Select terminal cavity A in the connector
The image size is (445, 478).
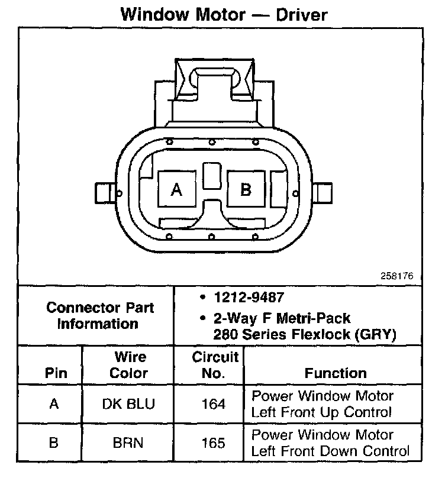(176, 189)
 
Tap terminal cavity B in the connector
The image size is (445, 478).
(246, 189)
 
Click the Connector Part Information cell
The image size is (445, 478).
(99, 316)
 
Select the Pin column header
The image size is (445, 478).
(55, 373)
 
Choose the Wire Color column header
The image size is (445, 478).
(129, 365)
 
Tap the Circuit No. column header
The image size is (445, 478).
(215, 365)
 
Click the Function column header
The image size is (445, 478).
(335, 373)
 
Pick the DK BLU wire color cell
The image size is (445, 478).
(129, 405)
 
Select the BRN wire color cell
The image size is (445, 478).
(129, 443)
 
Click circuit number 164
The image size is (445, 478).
(214, 405)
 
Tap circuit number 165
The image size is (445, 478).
(214, 443)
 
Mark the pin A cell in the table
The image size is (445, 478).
(54, 405)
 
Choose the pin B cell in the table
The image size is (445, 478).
(54, 443)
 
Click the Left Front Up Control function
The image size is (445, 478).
(323, 405)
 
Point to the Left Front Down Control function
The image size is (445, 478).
(330, 443)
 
